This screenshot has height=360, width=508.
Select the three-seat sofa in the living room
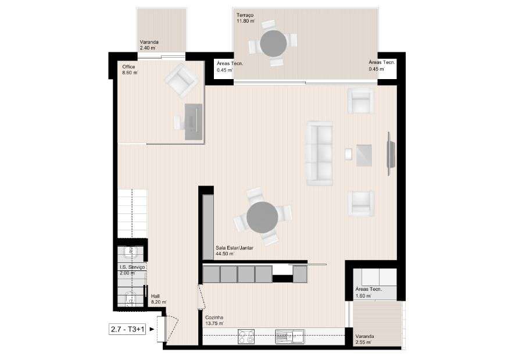tap(319, 153)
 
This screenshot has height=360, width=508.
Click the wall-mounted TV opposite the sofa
tap(390, 153)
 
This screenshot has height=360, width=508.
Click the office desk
tap(194, 122)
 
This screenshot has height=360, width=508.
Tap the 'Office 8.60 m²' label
tap(130, 70)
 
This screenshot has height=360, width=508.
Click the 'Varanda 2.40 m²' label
tap(149, 45)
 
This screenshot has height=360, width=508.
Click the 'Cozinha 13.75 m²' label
tap(214, 320)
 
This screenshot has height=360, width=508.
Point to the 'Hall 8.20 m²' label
tap(159, 299)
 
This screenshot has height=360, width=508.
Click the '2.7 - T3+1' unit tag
tap(128, 329)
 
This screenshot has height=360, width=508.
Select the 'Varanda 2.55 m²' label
tap(365, 339)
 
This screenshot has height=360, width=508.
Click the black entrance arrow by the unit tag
tap(153, 329)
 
